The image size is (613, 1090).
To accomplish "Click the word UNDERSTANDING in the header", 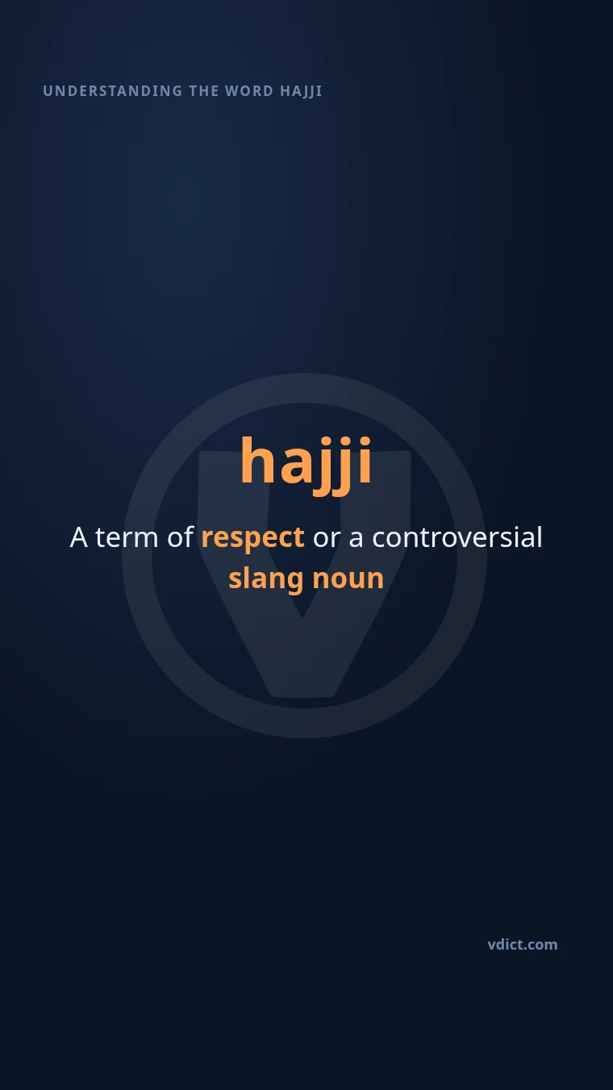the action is (112, 91).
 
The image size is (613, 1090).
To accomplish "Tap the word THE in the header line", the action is (204, 91).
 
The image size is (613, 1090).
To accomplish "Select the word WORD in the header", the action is (249, 91).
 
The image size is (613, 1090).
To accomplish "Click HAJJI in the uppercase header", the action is (301, 91).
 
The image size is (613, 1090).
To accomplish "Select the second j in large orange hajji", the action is (343, 466).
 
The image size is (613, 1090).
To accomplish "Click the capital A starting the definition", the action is (79, 537).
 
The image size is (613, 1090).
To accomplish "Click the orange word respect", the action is (253, 539).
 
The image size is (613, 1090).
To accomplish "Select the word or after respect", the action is (327, 540).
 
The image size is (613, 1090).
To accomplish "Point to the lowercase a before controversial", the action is (356, 540).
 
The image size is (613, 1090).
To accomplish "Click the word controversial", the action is (457, 537).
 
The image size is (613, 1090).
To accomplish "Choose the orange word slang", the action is (266, 579).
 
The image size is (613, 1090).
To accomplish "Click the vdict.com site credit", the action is (523, 945).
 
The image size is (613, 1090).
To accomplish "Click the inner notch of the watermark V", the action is (302, 617).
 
